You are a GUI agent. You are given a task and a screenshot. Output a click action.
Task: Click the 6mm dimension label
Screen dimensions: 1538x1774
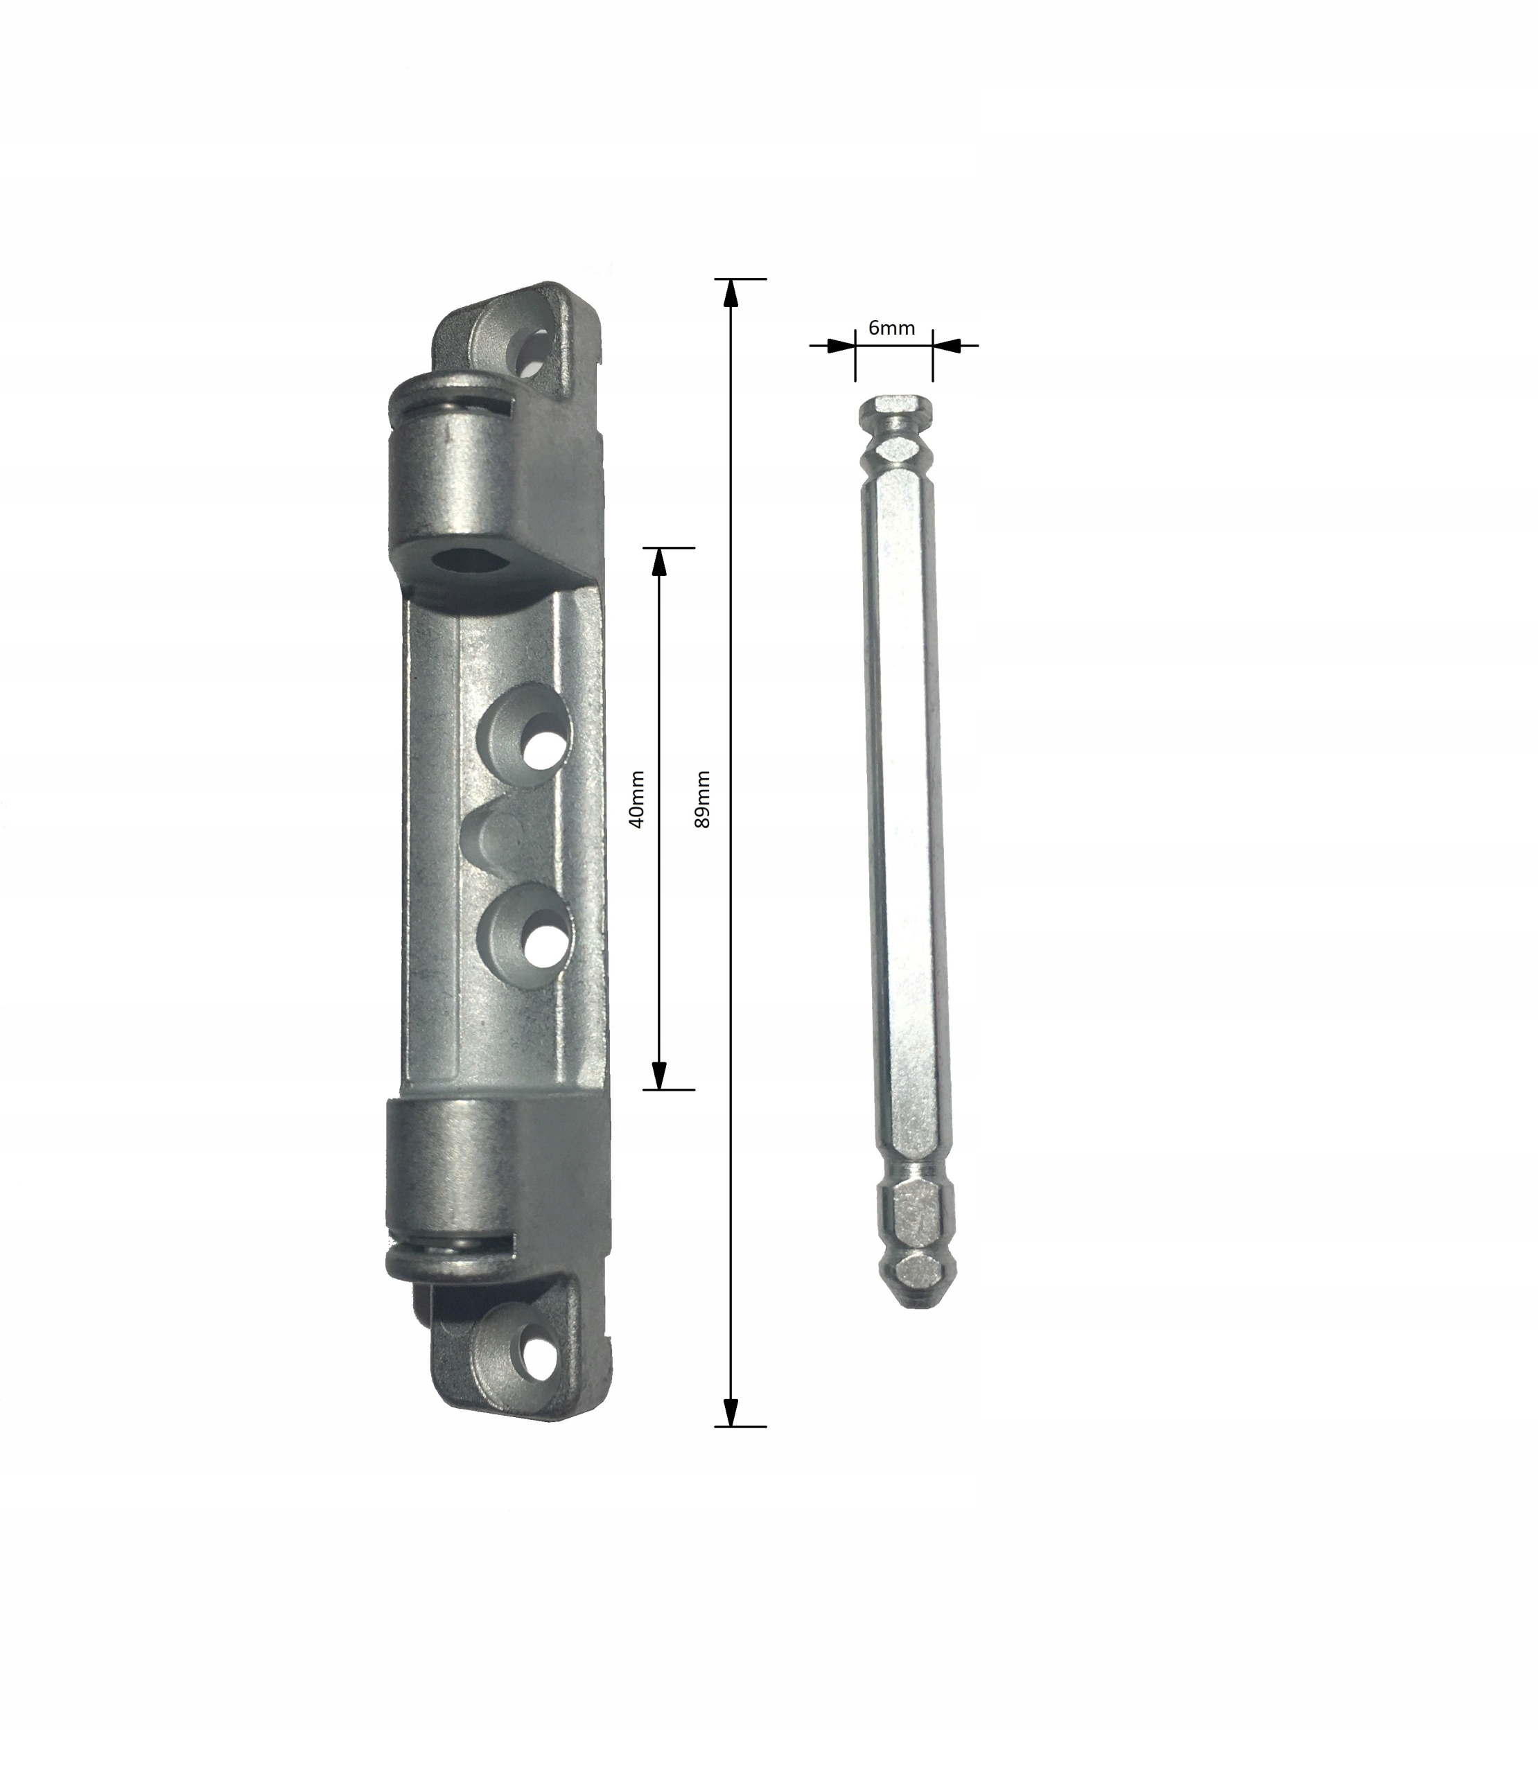tap(892, 328)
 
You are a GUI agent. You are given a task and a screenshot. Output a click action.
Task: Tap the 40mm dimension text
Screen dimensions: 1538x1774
tap(637, 799)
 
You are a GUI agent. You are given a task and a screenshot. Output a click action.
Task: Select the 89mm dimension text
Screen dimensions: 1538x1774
tap(703, 799)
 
